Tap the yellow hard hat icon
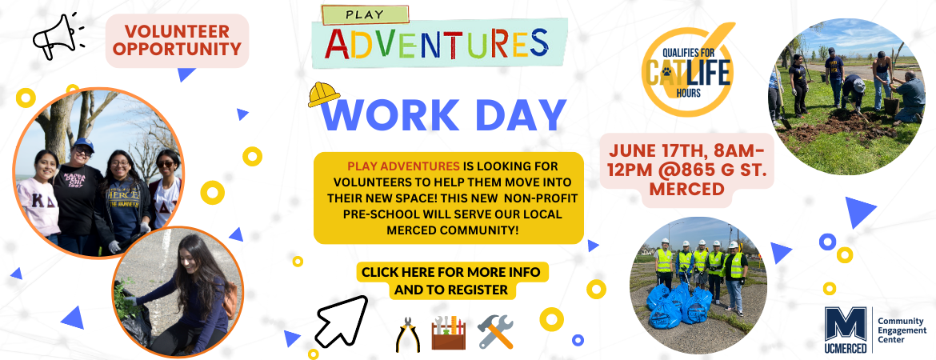323,94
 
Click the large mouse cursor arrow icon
341,321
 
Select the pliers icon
408,334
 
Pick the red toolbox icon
448,333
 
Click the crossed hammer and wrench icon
495,332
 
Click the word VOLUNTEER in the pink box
178,31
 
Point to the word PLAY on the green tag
365,15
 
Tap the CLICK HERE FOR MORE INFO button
450,281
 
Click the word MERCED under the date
686,190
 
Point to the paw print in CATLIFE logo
666,73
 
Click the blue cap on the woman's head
83,143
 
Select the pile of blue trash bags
679,305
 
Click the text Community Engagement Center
902,330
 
